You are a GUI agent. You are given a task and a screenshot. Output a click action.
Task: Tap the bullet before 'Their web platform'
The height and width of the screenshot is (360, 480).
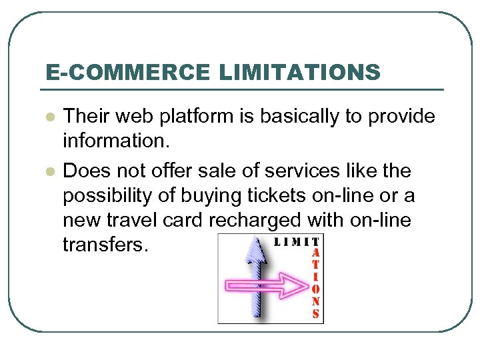(x=49, y=117)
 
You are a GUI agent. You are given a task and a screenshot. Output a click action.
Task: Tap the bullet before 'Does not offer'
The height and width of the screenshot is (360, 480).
(x=49, y=171)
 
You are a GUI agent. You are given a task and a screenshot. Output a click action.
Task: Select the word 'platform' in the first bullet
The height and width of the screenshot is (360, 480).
(x=215, y=117)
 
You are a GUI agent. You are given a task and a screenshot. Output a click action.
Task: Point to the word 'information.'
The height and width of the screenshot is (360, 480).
(x=115, y=141)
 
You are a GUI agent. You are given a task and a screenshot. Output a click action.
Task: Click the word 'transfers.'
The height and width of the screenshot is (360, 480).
(x=103, y=245)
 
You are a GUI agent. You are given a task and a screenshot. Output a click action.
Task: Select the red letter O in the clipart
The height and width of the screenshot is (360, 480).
(x=315, y=289)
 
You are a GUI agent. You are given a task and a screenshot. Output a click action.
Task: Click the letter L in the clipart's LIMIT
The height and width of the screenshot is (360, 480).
(x=278, y=241)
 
